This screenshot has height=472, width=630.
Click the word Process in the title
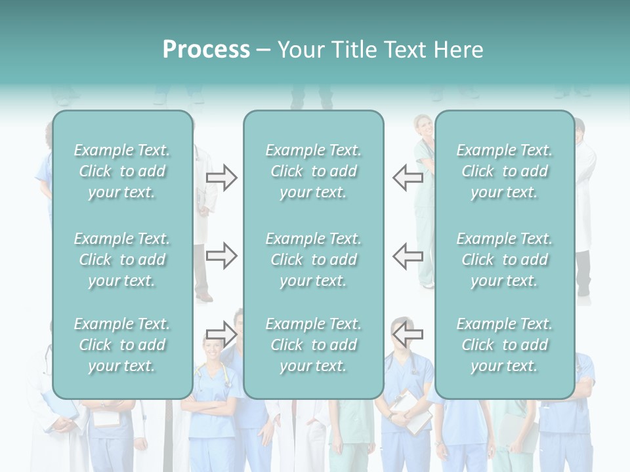pos(206,50)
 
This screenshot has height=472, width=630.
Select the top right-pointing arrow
pos(222,178)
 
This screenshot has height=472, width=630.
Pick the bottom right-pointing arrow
pos(222,334)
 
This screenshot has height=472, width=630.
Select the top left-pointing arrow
pos(408,178)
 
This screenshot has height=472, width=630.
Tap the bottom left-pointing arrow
pos(408,334)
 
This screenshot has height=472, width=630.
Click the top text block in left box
pos(122,171)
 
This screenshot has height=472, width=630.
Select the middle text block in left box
pos(122,260)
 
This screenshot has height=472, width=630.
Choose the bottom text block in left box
pos(122,345)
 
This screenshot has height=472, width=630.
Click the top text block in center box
pos(313,171)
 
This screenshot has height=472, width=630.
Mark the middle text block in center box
pos(313,260)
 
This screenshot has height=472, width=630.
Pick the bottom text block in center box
pos(313,345)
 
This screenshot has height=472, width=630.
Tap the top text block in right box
pos(504,171)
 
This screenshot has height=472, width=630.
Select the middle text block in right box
pos(504,260)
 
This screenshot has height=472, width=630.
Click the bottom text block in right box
pos(504,345)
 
